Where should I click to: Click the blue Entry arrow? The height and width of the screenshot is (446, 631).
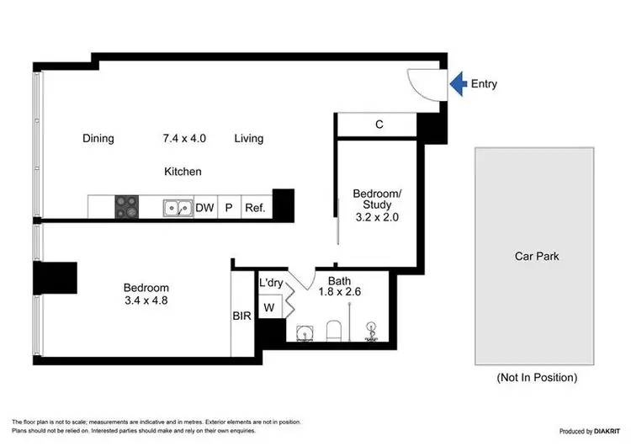[x=457, y=82]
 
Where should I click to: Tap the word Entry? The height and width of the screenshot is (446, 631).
[x=485, y=83]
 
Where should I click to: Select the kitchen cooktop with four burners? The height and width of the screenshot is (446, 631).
[x=126, y=207]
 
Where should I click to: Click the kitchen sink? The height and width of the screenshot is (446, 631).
[x=176, y=207]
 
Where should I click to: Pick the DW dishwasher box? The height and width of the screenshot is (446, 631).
[x=204, y=208]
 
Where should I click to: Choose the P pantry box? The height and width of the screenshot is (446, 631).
[x=228, y=208]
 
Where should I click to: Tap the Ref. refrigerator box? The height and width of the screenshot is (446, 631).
[x=255, y=208]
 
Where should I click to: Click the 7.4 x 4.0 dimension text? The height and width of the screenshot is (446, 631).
[x=184, y=139]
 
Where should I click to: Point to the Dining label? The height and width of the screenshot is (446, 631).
[x=98, y=139]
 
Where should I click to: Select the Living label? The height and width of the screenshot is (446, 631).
[x=249, y=139]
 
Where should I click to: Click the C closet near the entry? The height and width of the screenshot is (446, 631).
[x=379, y=125]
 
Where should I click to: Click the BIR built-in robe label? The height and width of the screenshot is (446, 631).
[x=242, y=316]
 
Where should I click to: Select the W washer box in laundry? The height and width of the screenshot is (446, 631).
[x=270, y=308]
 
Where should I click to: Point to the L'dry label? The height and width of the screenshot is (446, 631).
[x=271, y=282]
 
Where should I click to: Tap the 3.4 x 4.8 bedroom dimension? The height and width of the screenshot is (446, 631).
[x=146, y=300]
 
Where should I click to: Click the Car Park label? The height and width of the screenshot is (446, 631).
[x=537, y=257]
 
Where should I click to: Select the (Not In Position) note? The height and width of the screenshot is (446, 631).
[x=537, y=378]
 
